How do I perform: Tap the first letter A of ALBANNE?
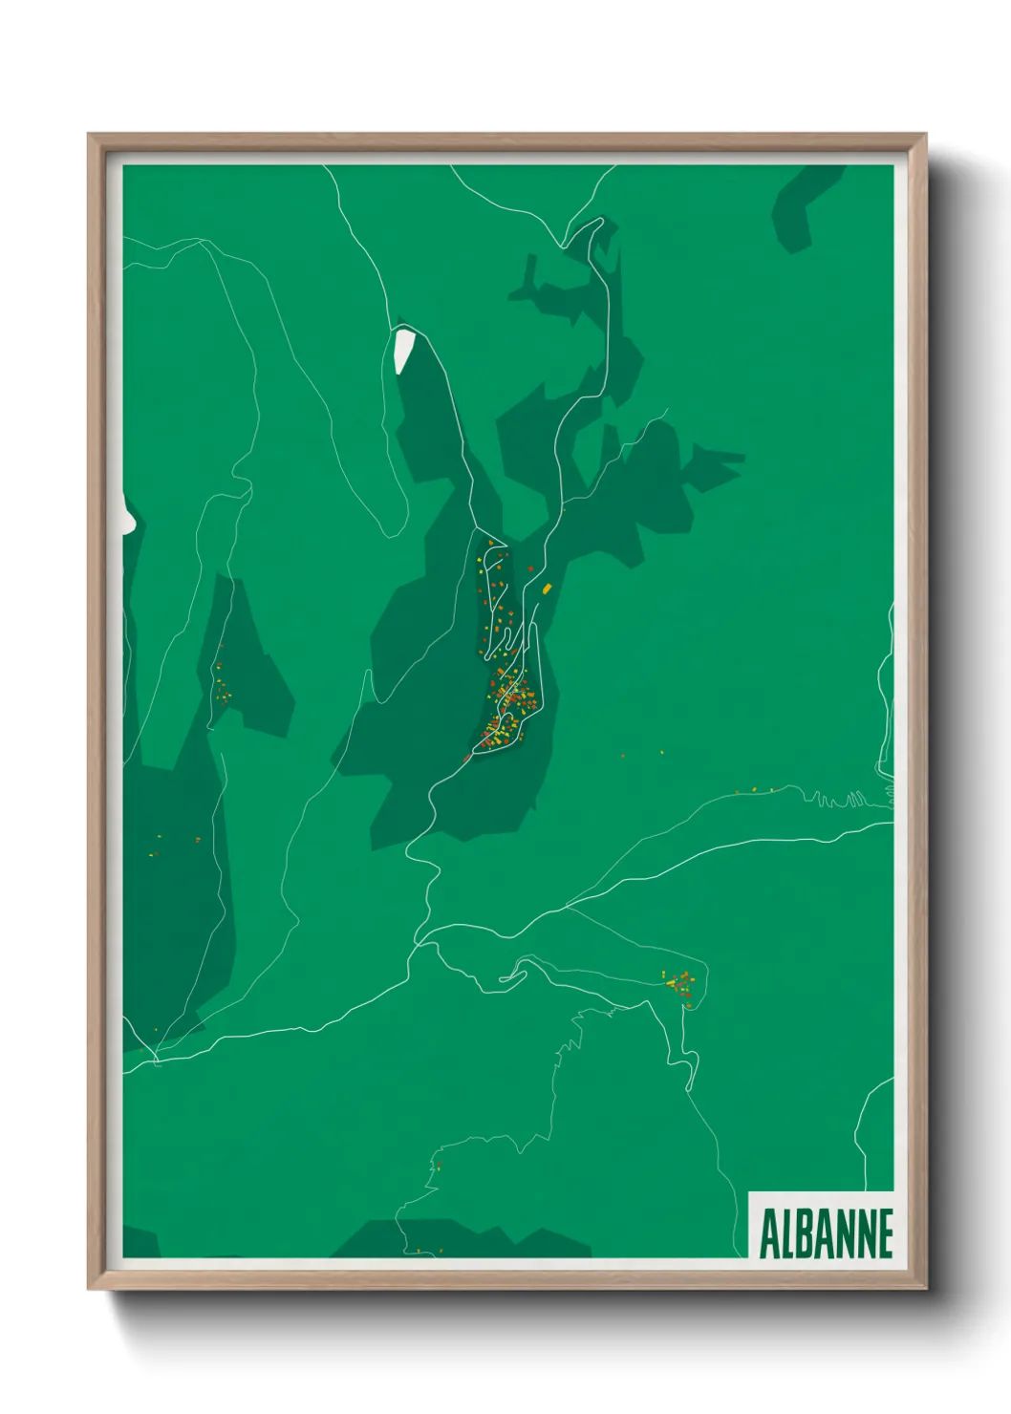(x=768, y=1233)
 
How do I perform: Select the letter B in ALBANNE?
(x=806, y=1233)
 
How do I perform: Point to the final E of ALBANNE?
(x=885, y=1233)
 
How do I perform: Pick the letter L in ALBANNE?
(x=787, y=1233)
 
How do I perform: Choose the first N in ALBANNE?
(x=845, y=1233)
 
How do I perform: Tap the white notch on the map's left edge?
(x=127, y=516)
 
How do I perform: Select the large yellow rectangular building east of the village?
(x=547, y=589)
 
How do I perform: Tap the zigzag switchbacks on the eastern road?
(x=841, y=799)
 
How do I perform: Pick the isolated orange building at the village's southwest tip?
(x=467, y=758)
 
